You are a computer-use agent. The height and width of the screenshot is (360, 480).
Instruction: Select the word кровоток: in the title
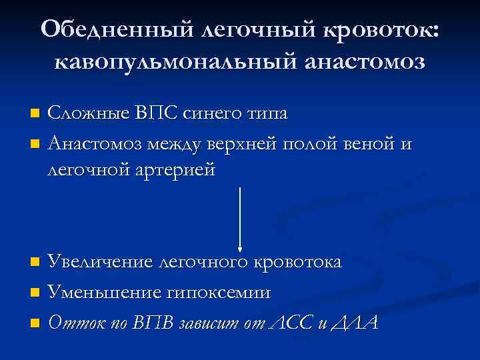point(382,29)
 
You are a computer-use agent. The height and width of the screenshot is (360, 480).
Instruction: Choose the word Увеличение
point(101,262)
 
